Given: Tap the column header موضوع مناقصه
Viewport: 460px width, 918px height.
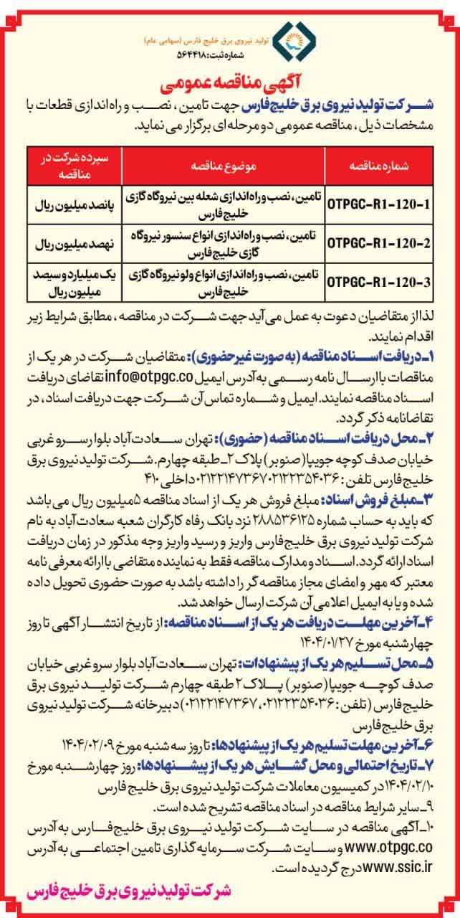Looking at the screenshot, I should click(x=223, y=165).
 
